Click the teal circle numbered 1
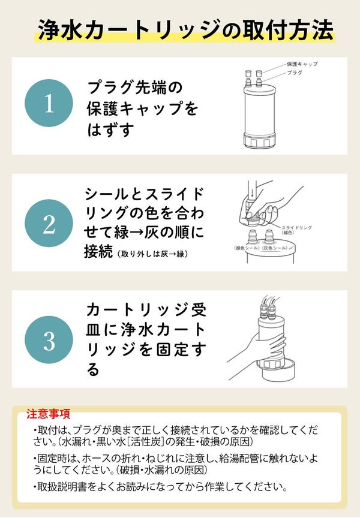(49, 103)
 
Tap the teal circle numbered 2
(49, 223)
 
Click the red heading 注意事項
(48, 414)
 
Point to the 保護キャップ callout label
(302, 64)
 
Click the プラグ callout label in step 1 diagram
(295, 73)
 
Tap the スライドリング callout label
(296, 227)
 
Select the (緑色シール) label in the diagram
(246, 248)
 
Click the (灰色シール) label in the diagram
(275, 248)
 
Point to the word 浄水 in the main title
(59, 31)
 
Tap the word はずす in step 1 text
(110, 129)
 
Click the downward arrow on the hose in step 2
(251, 192)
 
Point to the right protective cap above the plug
(259, 73)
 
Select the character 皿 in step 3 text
(93, 330)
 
